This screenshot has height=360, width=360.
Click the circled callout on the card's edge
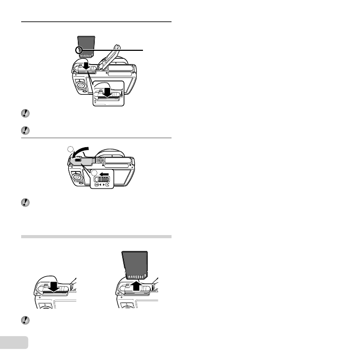(79, 51)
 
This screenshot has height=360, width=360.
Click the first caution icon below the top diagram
(24, 113)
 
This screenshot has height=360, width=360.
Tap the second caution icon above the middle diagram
(24, 130)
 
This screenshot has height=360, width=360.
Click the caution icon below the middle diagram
(24, 203)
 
